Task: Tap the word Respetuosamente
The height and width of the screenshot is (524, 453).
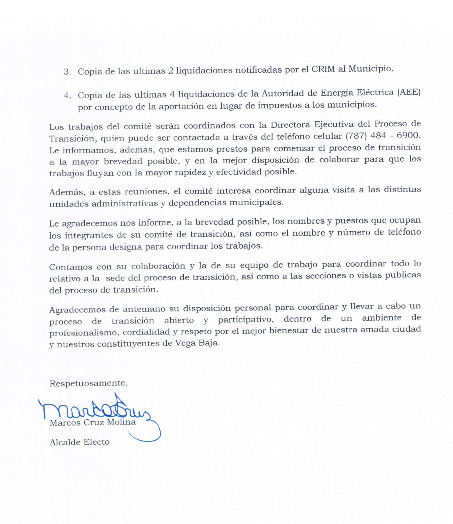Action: point(88,383)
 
